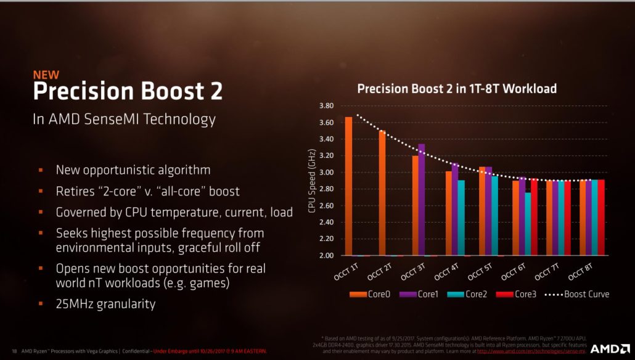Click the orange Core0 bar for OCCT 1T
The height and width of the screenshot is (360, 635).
(x=348, y=186)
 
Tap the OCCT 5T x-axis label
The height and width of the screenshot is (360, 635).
(x=479, y=271)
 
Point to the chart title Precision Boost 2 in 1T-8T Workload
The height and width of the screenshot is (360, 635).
(x=457, y=89)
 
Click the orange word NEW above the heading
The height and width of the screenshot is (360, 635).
(x=46, y=75)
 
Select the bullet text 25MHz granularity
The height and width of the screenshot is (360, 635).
(x=105, y=304)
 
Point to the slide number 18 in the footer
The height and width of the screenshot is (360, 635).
(x=14, y=351)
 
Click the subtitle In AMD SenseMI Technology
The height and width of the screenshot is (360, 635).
(x=124, y=119)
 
